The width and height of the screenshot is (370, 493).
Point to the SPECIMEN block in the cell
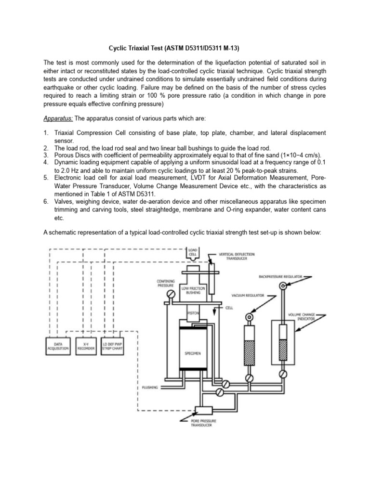tap(189, 352)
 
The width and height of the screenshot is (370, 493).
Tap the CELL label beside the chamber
tap(229, 307)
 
